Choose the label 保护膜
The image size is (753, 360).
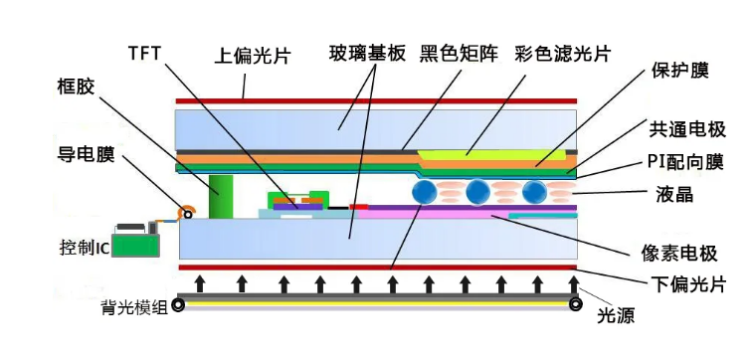click(x=680, y=73)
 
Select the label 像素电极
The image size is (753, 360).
click(x=681, y=253)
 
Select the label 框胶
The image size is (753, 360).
click(x=77, y=88)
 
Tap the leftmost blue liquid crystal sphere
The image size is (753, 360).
click(x=426, y=191)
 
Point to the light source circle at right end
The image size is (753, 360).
click(x=575, y=304)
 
